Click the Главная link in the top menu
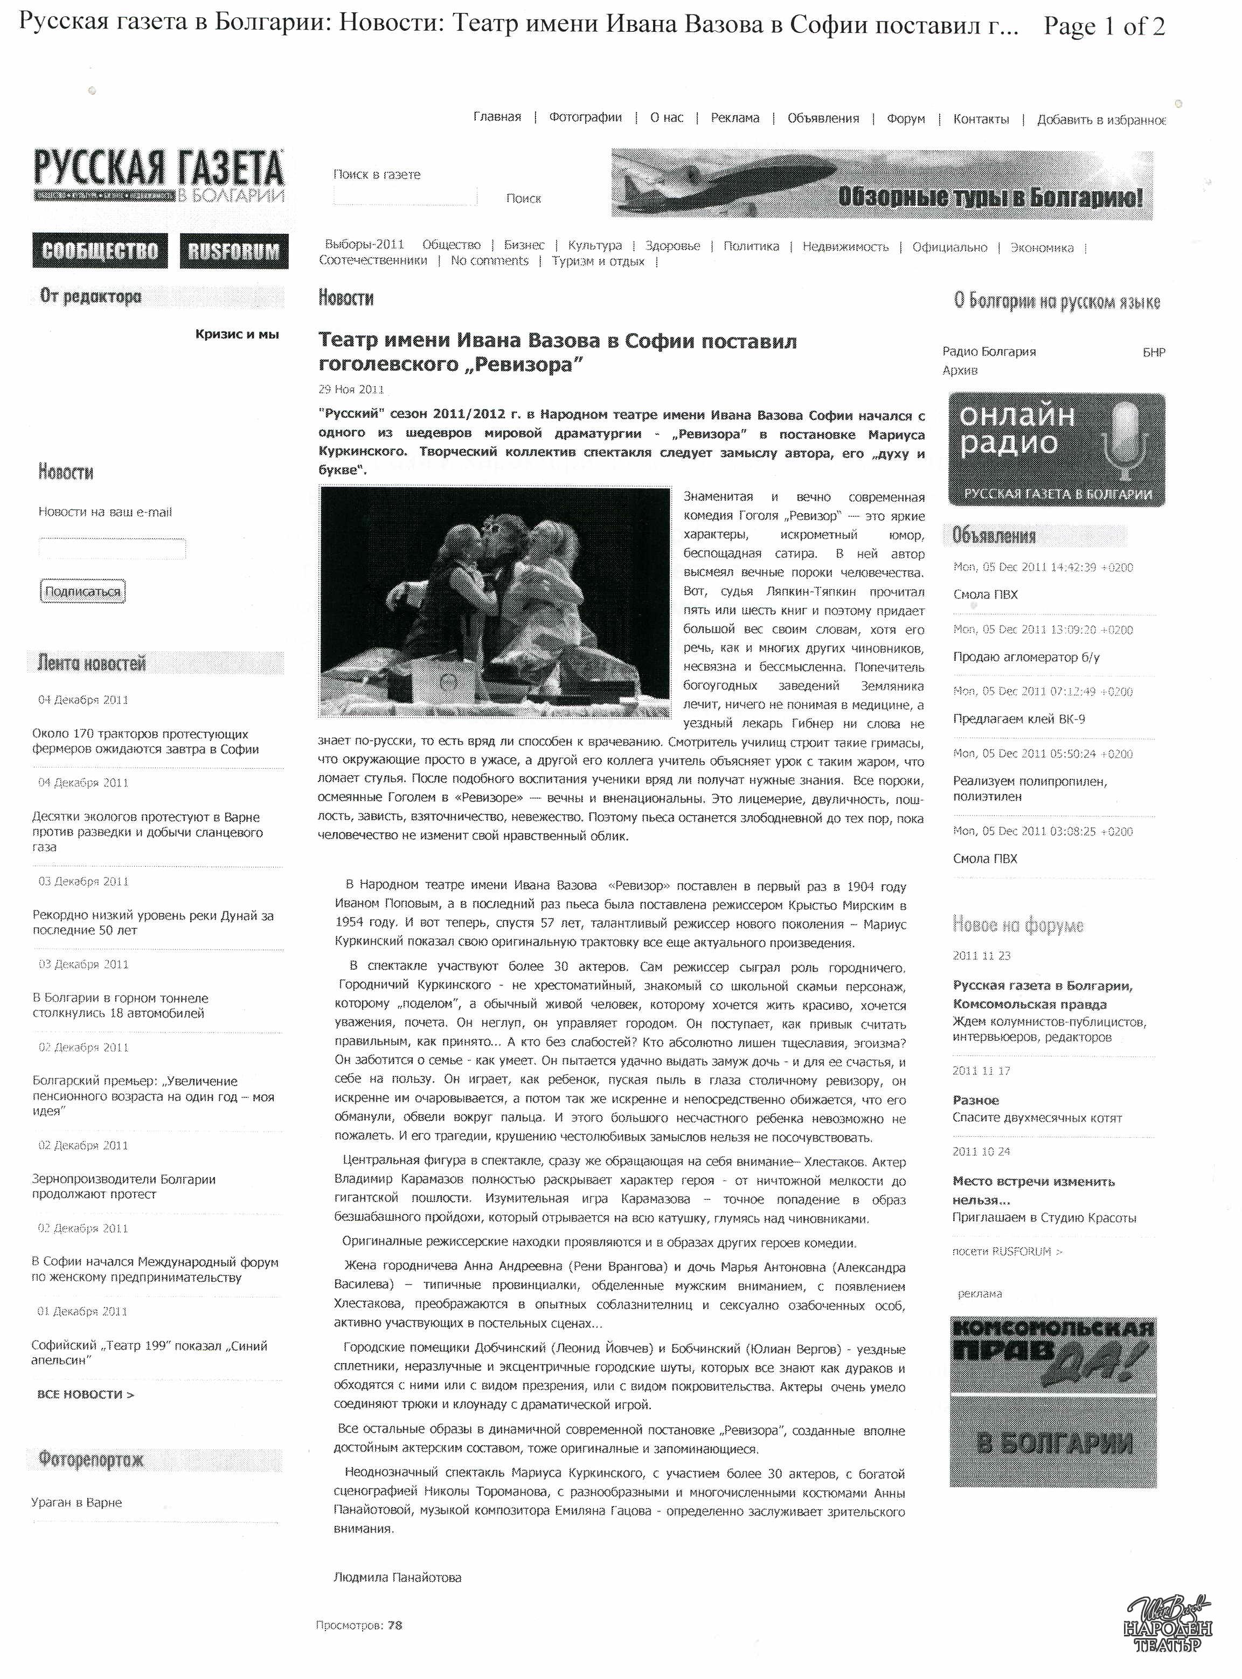click(x=497, y=118)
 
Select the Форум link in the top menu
click(x=905, y=119)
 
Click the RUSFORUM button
click(x=233, y=251)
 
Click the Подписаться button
click(x=82, y=592)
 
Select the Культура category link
click(x=595, y=246)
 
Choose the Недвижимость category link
click(x=845, y=247)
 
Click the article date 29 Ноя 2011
click(x=351, y=390)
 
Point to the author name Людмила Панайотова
click(x=397, y=1578)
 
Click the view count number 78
click(x=395, y=1626)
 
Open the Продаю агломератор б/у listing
click(x=1025, y=657)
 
